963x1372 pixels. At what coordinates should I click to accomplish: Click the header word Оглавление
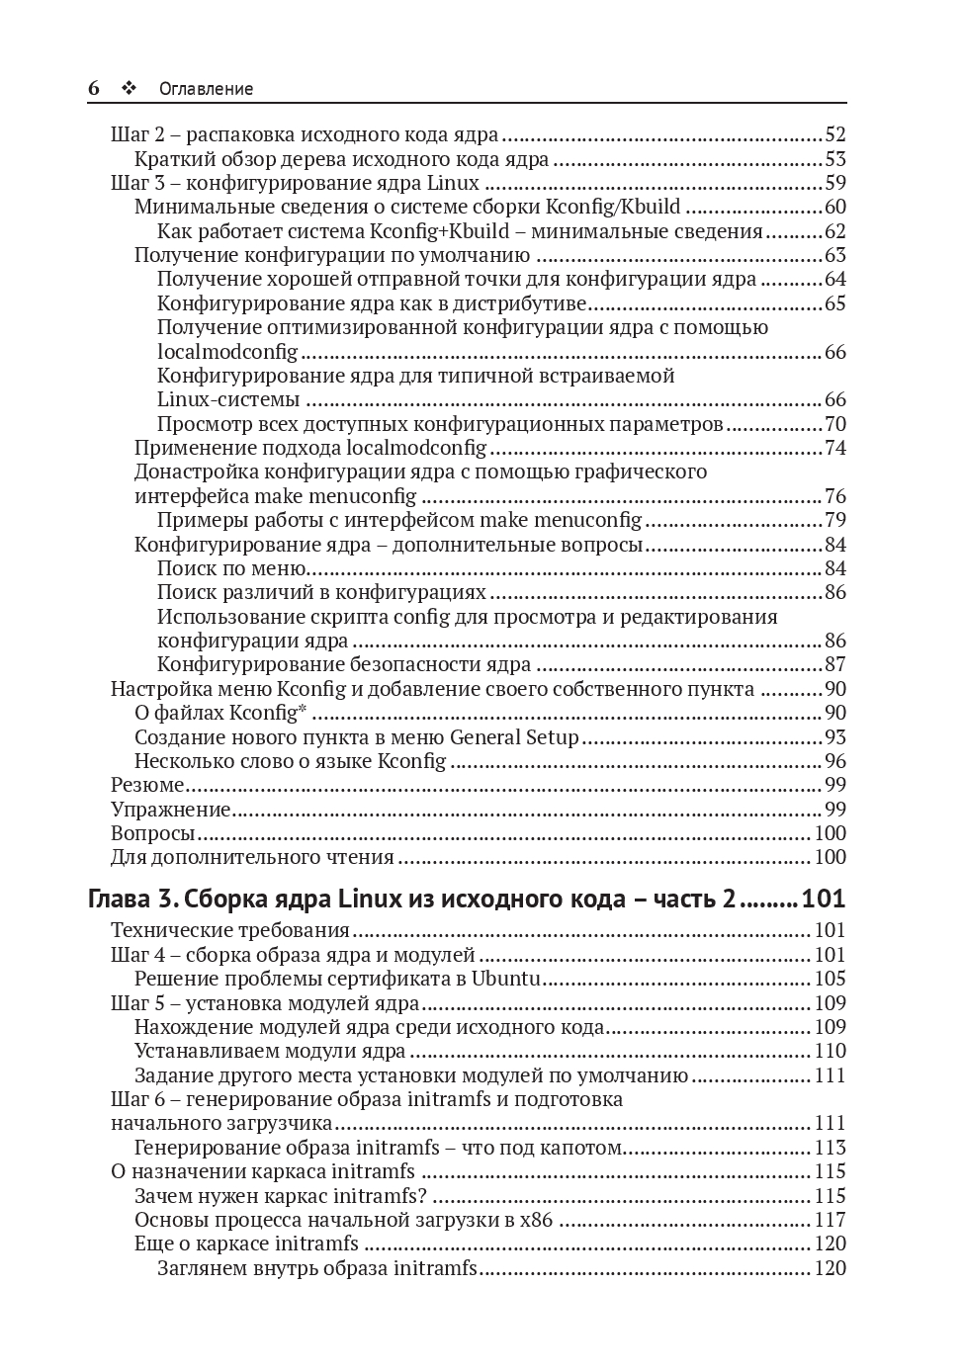coord(206,89)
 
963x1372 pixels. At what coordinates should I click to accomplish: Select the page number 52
coord(835,135)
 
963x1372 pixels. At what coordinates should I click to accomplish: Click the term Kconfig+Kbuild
coord(439,231)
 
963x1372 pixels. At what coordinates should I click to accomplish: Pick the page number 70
coord(835,424)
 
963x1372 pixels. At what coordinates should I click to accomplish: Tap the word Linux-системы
coord(228,400)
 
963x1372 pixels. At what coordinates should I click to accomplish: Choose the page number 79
coord(835,520)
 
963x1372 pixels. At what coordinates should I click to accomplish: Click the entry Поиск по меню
coord(230,568)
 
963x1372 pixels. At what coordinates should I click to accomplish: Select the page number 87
coord(835,665)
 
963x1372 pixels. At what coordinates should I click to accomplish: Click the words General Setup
coord(514,737)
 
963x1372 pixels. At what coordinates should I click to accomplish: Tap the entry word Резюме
coord(147,786)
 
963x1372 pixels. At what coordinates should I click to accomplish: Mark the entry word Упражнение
coord(170,810)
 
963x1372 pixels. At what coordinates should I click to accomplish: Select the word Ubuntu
coord(505,980)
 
